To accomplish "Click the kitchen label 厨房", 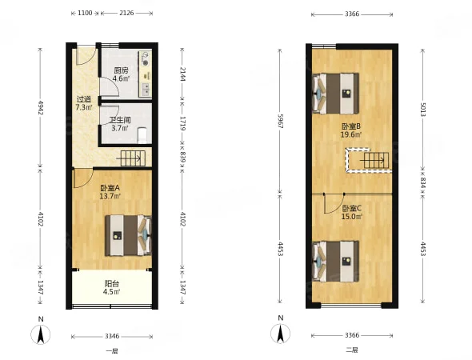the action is click(121, 70).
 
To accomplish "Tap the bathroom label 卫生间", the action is click(120, 121).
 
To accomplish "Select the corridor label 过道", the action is click(84, 99).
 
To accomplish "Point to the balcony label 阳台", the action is click(112, 283).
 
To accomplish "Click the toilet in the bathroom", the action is click(142, 135).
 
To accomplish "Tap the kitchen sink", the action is click(146, 90).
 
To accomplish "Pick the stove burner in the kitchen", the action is click(146, 63).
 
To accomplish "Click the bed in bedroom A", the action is click(128, 235).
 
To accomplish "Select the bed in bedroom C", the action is click(336, 262).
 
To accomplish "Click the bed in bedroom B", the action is click(336, 94).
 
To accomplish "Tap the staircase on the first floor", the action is click(133, 158).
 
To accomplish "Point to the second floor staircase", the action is click(376, 161).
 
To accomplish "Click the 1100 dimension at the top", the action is click(85, 13).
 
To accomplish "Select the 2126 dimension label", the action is click(126, 13).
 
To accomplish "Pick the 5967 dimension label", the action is click(280, 121).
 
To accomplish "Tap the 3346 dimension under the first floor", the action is click(112, 336).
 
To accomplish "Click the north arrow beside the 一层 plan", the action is click(41, 334).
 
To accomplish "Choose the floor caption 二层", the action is click(352, 350).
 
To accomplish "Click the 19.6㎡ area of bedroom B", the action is click(350, 134).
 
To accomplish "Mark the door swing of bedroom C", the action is click(334, 204).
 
